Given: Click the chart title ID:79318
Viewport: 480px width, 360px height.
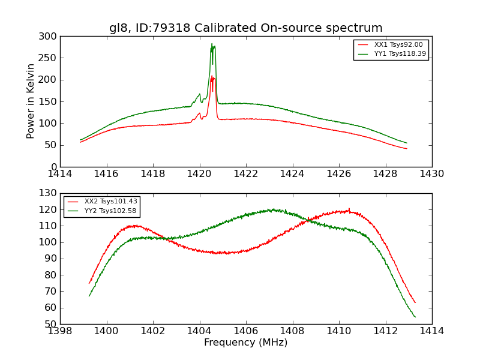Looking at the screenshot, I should tap(245, 28).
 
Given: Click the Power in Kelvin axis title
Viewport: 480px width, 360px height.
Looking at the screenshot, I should tap(31, 101).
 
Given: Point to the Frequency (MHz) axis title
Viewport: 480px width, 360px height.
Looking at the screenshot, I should tap(245, 343).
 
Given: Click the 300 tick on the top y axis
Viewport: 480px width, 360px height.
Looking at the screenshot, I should tap(50, 37).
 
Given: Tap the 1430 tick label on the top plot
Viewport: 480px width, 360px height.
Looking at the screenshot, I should tap(431, 173).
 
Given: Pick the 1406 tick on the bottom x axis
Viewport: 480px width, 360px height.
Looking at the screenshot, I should tap(245, 331).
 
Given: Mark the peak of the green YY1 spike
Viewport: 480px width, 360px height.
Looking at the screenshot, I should tap(212, 44).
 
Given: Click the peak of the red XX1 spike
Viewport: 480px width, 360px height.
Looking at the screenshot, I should tap(212, 76).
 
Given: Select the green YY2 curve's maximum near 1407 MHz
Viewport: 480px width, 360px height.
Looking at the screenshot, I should tap(273, 209).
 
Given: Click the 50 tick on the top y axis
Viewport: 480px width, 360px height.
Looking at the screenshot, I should tap(52, 145).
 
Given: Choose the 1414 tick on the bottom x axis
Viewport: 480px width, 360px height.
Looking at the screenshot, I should tap(431, 331).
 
